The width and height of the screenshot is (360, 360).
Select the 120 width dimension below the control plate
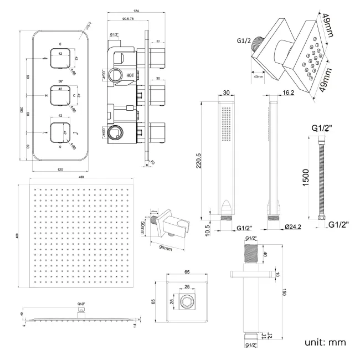tap(59, 169)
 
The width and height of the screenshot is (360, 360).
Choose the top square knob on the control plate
tap(59, 58)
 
